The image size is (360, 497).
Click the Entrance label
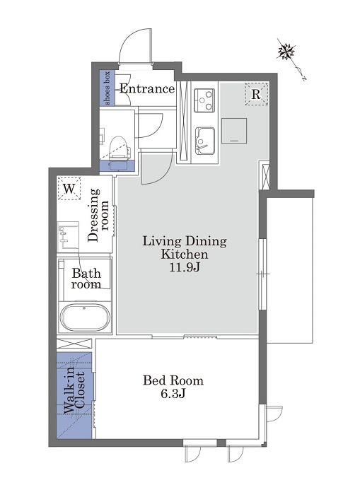coord(147,89)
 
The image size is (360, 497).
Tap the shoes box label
coord(108,88)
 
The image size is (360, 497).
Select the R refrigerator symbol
coord(256,94)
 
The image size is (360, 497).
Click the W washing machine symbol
coord(69,189)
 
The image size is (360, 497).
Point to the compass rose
coord(286,52)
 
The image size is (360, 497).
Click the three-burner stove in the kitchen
coord(204,100)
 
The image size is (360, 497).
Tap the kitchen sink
coord(205,141)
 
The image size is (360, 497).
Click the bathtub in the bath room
coord(85,317)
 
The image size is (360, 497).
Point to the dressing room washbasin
coord(68,235)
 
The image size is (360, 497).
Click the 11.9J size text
coord(185,268)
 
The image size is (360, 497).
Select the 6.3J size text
coord(173,394)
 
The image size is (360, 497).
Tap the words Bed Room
coord(173,380)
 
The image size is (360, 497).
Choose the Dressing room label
coord(98,215)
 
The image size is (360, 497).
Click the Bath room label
coord(86,279)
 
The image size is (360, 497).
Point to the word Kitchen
coord(185,255)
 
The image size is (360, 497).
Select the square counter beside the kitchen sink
coord(234,131)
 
